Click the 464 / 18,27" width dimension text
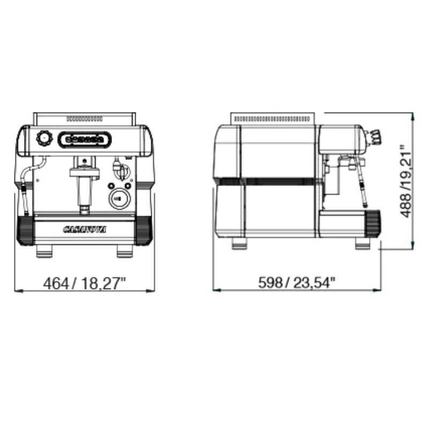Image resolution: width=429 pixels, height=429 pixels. (x=84, y=283)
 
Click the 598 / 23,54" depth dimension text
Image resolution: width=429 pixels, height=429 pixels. (x=297, y=283)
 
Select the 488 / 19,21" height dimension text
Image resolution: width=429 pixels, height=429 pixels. (x=406, y=181)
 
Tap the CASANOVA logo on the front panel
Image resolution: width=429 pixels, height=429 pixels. (x=85, y=230)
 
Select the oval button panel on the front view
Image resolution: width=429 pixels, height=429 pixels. (x=85, y=139)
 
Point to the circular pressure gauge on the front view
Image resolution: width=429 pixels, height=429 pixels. (x=119, y=199)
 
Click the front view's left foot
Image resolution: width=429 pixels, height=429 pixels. (x=44, y=251)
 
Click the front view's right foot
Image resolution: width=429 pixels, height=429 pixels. (x=125, y=251)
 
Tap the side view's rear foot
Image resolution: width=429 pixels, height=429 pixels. (x=239, y=243)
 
